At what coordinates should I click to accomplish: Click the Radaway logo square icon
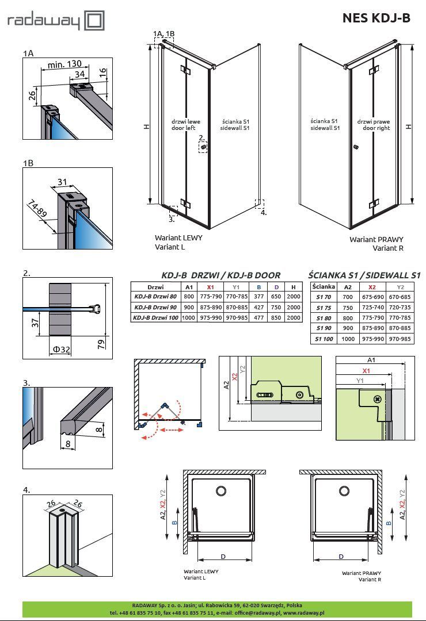point(94,21)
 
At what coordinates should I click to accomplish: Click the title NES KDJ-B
point(376,18)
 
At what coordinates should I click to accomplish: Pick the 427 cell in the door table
point(259,307)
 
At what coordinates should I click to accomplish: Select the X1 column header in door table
point(210,286)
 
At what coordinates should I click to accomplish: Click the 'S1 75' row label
point(324,308)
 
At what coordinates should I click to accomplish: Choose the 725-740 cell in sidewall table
point(372,308)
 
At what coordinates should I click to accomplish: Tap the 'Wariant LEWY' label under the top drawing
point(178,237)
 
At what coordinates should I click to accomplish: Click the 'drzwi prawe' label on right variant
point(374,122)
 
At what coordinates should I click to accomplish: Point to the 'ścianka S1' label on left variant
point(235,122)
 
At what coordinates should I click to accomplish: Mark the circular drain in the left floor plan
point(221,490)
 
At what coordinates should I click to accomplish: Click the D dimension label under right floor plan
point(341,557)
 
